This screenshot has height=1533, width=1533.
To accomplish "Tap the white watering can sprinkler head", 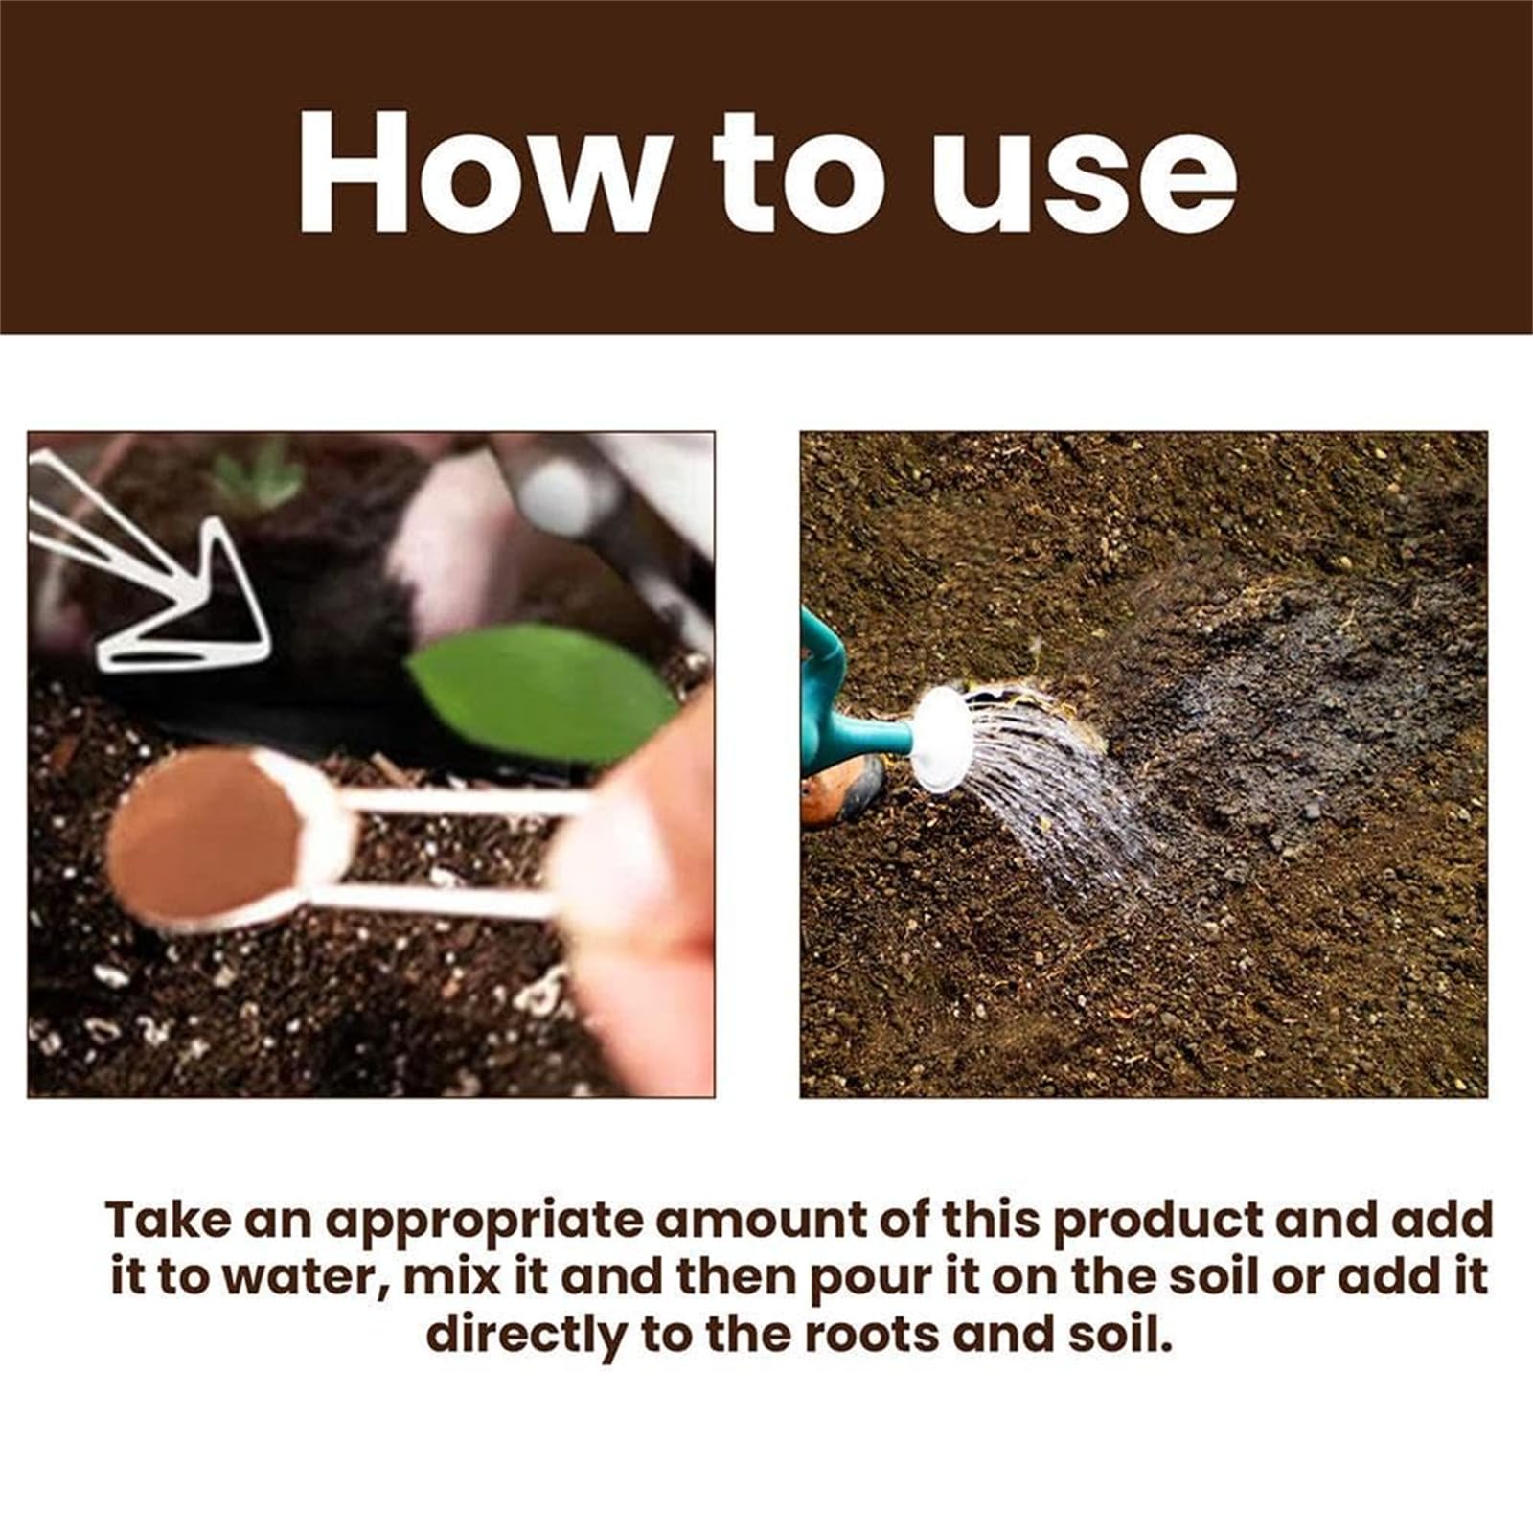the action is [x=942, y=739].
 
